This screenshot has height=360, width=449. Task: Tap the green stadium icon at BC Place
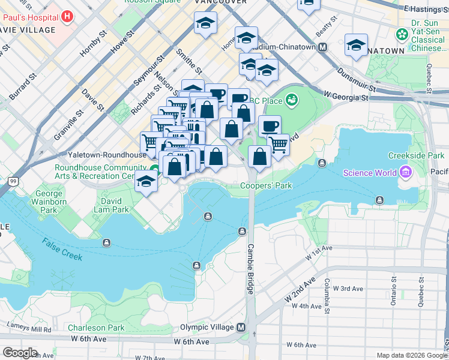click(x=292, y=100)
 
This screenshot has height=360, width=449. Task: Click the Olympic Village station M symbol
click(x=241, y=328)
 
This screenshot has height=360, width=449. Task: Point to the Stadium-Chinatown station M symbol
click(x=323, y=47)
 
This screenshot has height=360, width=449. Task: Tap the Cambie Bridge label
click(x=250, y=269)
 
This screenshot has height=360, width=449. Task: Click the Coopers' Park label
click(x=266, y=185)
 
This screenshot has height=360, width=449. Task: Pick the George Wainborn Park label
click(x=49, y=202)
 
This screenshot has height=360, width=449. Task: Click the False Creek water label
click(x=62, y=251)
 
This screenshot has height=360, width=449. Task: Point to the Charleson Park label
click(x=96, y=328)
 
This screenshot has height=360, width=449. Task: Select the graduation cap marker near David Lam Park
click(x=146, y=181)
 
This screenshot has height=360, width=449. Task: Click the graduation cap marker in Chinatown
click(x=356, y=46)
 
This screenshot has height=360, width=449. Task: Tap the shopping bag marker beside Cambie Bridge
click(x=259, y=157)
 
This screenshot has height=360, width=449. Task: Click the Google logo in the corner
click(x=20, y=353)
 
